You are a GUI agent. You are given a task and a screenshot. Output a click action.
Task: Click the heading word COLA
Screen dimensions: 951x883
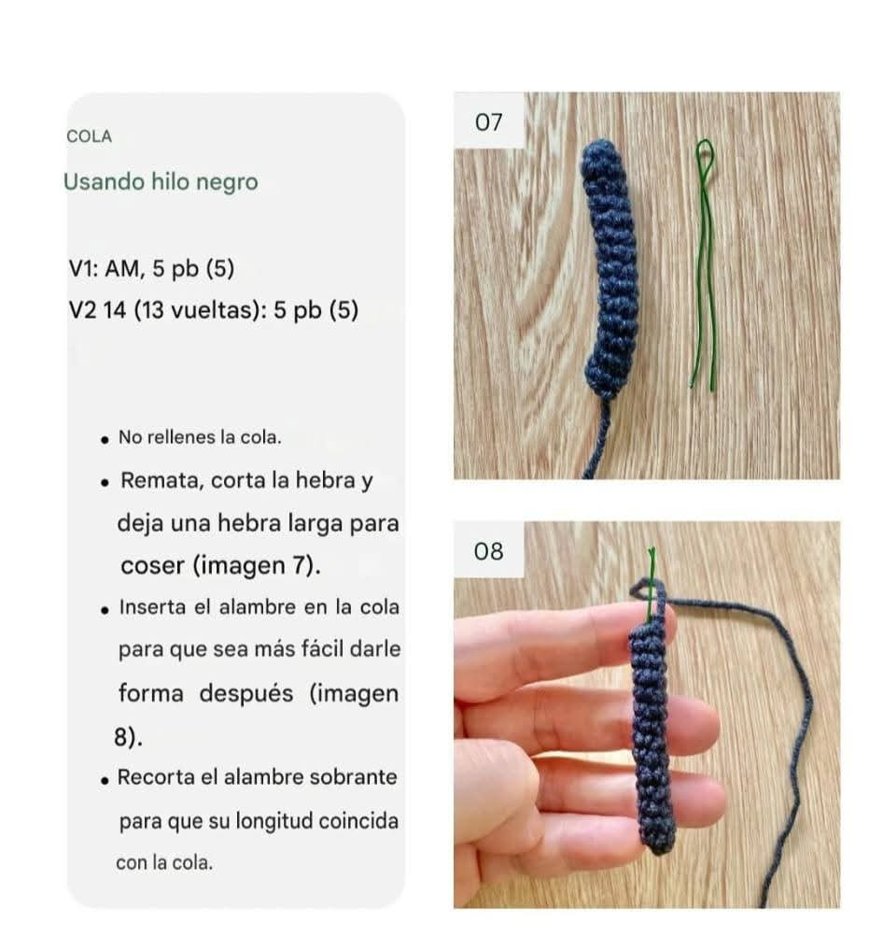pos(89,136)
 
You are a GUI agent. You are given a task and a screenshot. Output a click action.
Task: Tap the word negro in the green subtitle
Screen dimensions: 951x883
pos(227,182)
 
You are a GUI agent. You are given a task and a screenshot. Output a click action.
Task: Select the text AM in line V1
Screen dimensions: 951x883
pos(121,269)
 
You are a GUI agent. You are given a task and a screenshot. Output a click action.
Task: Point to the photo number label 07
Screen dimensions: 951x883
pos(488,121)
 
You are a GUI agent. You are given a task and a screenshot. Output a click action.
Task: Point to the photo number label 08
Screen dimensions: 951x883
pos(488,551)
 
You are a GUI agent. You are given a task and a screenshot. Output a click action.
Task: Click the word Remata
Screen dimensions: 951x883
pos(161,482)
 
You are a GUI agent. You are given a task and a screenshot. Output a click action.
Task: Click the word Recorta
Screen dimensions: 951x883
pos(153,777)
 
